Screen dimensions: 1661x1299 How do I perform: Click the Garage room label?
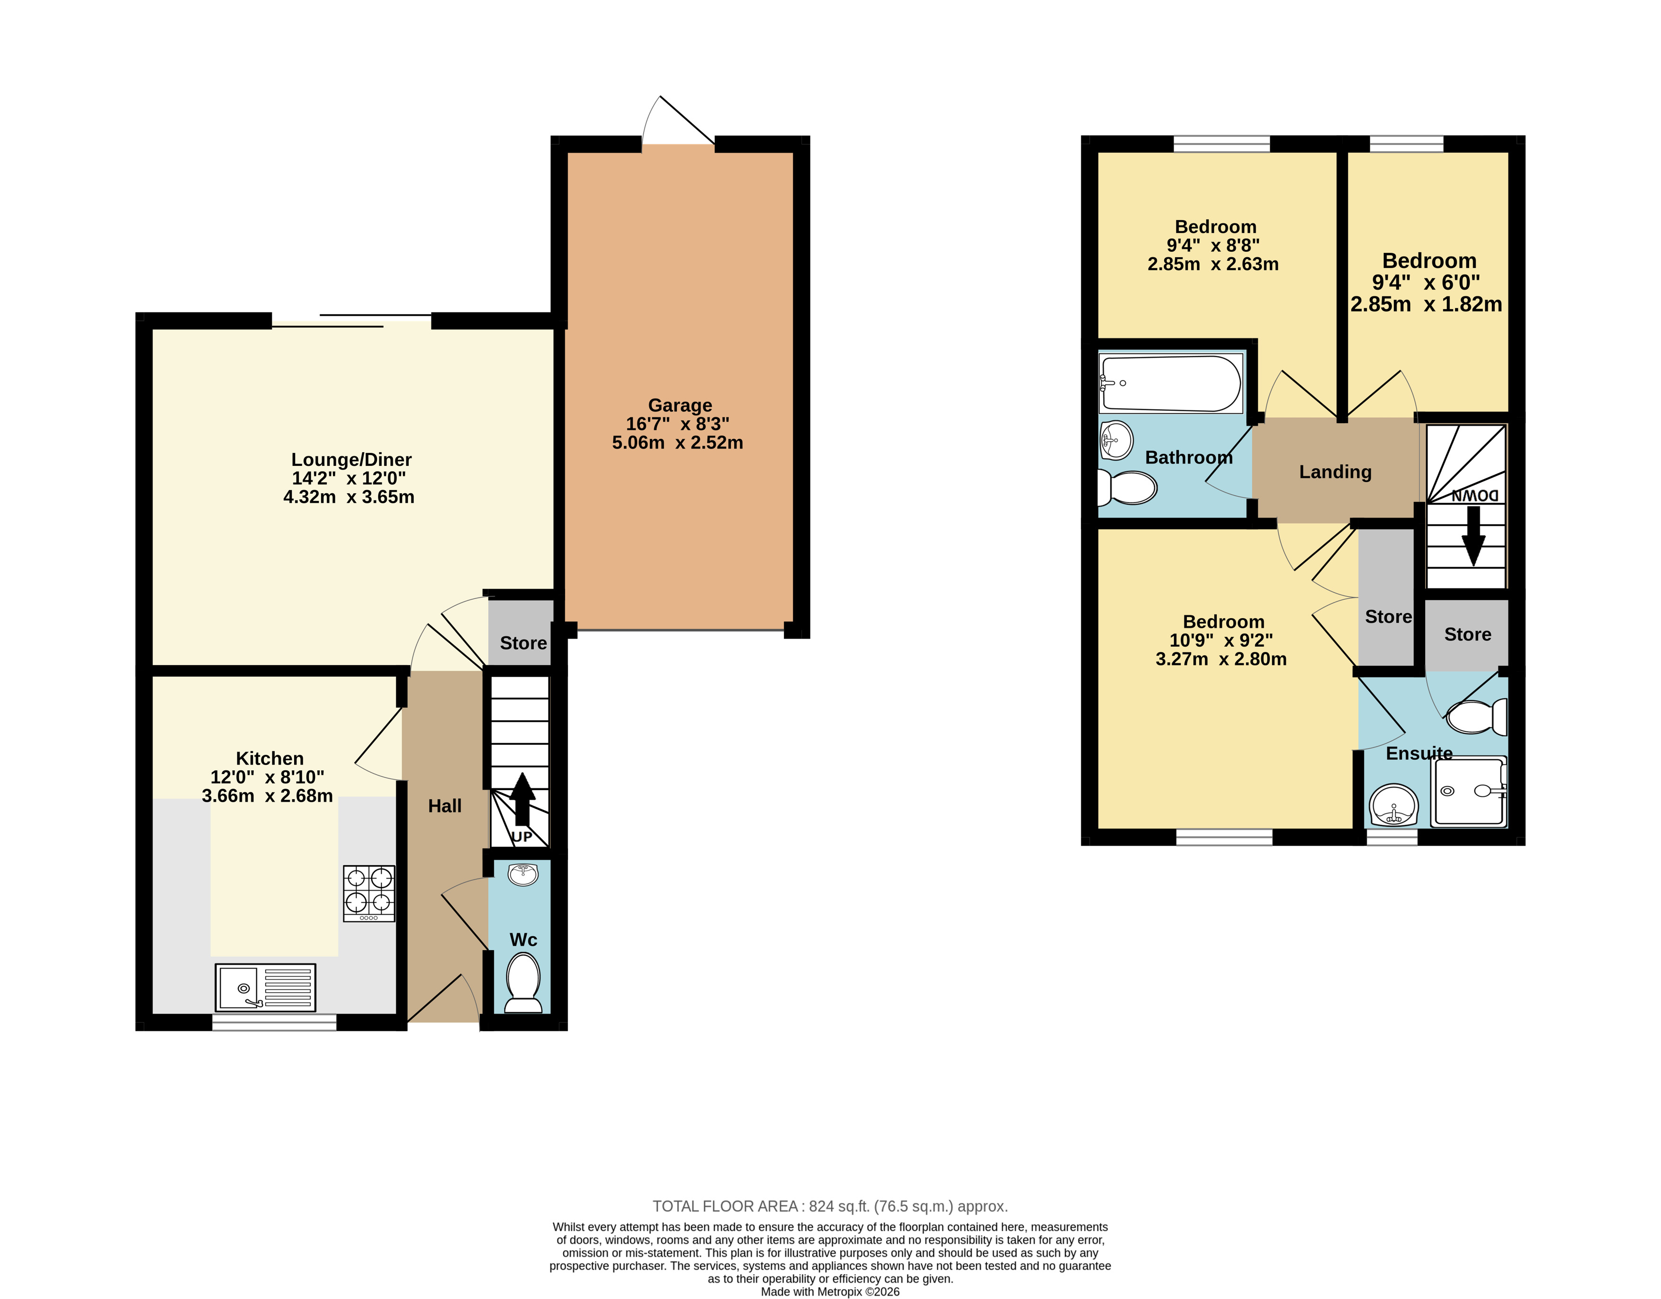pyautogui.click(x=680, y=405)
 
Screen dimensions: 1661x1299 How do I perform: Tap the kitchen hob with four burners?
pyautogui.click(x=369, y=894)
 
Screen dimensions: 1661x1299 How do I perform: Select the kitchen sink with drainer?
pyautogui.click(x=266, y=987)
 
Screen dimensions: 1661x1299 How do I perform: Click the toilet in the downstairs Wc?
pyautogui.click(x=523, y=983)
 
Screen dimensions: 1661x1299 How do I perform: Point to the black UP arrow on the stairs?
pyautogui.click(x=522, y=799)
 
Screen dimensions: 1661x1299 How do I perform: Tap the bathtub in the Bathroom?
pyautogui.click(x=1170, y=383)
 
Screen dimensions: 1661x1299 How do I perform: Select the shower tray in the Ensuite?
pyautogui.click(x=1469, y=792)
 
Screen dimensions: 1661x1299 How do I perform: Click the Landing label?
pyautogui.click(x=1335, y=472)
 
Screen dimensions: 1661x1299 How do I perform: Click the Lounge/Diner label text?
pyautogui.click(x=351, y=459)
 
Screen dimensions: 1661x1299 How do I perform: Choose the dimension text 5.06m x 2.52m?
pyautogui.click(x=677, y=443)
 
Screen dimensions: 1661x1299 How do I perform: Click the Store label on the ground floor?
pyautogui.click(x=523, y=643)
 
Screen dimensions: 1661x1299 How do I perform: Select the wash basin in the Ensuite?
pyautogui.click(x=1394, y=805)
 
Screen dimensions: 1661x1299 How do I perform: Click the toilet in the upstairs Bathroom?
pyautogui.click(x=1128, y=488)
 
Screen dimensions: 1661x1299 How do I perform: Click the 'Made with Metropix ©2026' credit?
pyautogui.click(x=830, y=1291)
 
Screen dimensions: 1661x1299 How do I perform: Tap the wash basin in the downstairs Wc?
pyautogui.click(x=523, y=875)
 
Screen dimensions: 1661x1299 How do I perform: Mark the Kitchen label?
pyautogui.click(x=269, y=758)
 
